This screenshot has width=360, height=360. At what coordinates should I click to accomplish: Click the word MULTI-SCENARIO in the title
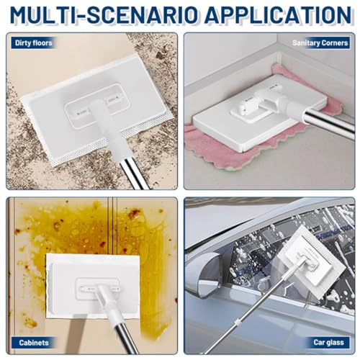point(104,15)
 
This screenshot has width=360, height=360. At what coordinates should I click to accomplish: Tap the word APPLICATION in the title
point(278,15)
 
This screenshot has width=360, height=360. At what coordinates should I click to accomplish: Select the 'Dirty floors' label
point(34,43)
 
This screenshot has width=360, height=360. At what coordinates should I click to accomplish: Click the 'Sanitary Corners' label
point(320,43)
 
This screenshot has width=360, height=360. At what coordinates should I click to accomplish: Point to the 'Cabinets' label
point(34,343)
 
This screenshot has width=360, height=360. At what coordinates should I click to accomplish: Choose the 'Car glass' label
point(328,342)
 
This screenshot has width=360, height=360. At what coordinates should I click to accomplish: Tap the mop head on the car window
point(312,263)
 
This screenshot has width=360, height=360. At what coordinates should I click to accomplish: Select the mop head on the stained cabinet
point(93,286)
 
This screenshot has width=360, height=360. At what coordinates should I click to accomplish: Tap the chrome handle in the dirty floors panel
point(134,174)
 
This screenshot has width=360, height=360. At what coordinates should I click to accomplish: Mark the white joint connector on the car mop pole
point(238,323)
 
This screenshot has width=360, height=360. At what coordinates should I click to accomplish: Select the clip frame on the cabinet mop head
point(97,289)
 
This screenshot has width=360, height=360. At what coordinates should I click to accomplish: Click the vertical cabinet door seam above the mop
point(112,225)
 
